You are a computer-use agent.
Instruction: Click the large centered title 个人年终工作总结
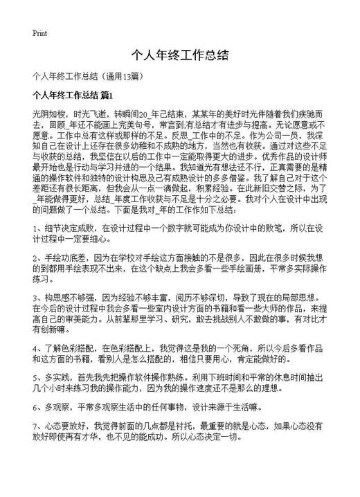tap(179, 55)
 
